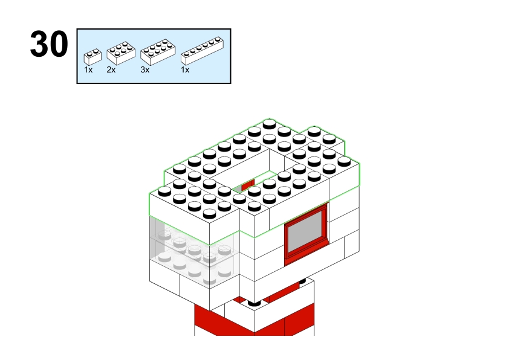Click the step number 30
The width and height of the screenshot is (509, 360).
(49, 43)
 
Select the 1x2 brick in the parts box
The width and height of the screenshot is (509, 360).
(92, 57)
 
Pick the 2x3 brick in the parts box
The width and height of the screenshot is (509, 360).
(121, 53)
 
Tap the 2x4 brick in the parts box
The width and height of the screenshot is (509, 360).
(158, 52)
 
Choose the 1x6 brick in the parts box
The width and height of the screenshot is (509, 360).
(202, 51)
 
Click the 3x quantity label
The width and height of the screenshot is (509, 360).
(144, 69)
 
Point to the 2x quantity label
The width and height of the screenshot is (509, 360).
(111, 69)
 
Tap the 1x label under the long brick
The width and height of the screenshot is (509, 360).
(185, 69)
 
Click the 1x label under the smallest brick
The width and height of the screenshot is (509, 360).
(88, 69)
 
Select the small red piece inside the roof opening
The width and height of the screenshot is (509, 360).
(248, 185)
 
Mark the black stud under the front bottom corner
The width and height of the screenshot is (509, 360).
(254, 303)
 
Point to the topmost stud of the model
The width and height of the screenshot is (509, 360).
(269, 124)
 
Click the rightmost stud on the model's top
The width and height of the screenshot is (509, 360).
(344, 161)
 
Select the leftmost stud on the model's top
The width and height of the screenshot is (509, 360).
(164, 191)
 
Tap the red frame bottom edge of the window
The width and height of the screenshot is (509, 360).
(306, 254)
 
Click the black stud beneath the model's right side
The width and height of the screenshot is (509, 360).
(302, 281)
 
